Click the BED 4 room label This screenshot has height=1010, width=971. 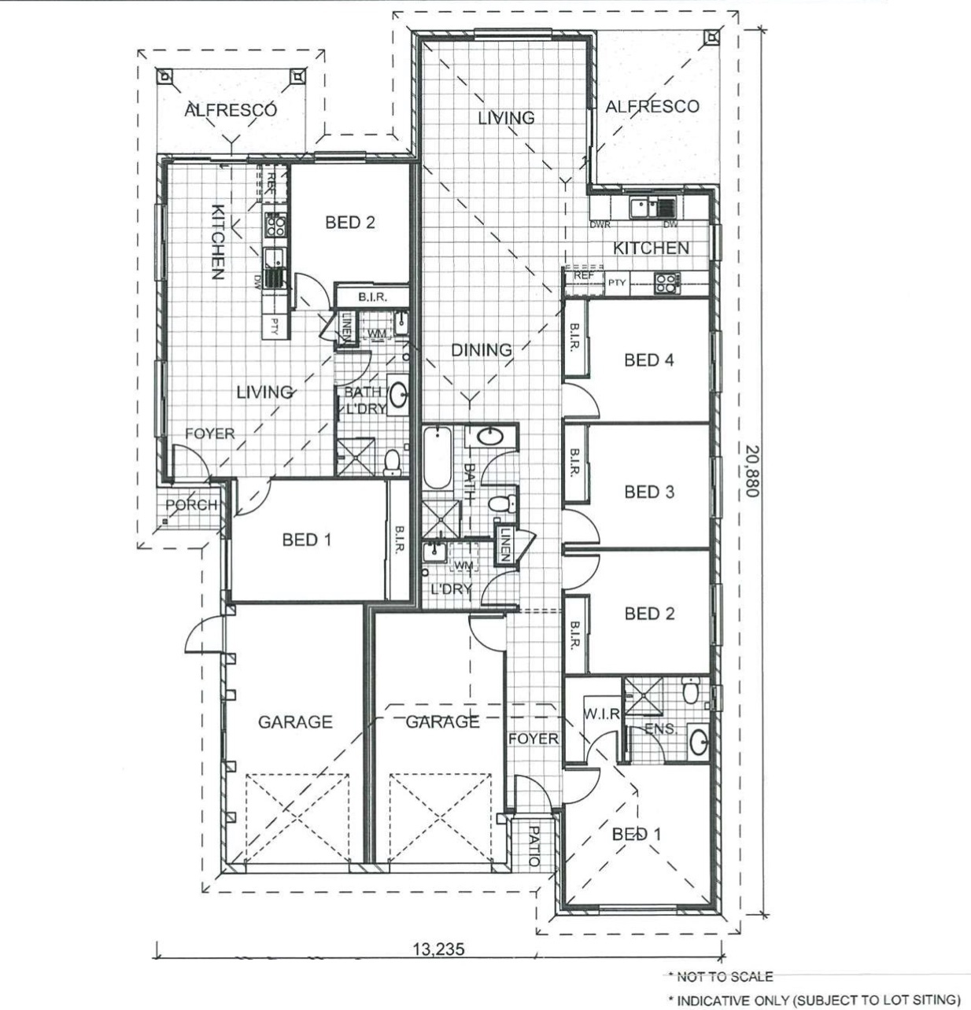tap(648, 360)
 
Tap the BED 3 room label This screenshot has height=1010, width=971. tap(648, 492)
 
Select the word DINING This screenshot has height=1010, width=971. tap(481, 350)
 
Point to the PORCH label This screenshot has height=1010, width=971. tap(191, 505)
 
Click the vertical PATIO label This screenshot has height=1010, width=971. tap(533, 846)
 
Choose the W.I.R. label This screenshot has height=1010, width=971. tap(602, 714)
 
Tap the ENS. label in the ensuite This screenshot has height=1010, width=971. tap(660, 729)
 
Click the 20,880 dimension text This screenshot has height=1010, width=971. tap(752, 470)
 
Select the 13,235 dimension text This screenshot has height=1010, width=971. tap(438, 949)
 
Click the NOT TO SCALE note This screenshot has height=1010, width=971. tap(720, 976)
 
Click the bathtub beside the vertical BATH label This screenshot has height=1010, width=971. tap(435, 459)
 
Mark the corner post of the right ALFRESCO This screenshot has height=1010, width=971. tap(711, 36)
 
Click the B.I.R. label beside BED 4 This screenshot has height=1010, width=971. tap(574, 339)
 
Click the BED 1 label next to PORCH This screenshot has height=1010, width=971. tap(306, 540)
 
